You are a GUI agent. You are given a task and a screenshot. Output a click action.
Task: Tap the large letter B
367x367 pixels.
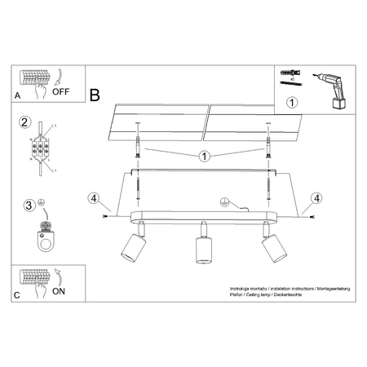pos(94,95)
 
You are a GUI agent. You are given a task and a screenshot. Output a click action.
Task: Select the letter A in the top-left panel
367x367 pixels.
pos(18,96)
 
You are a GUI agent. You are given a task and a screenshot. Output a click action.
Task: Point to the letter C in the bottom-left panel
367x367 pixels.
pos(18,295)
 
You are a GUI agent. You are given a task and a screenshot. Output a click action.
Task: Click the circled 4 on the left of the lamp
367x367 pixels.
pos(94,197)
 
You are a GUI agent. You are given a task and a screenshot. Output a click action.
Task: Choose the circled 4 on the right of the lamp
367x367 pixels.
pos(317,197)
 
